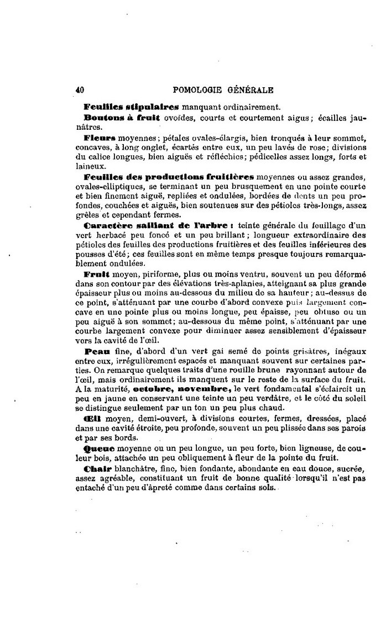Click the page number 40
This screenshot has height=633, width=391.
click(x=79, y=89)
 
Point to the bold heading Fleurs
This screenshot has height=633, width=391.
click(x=100, y=137)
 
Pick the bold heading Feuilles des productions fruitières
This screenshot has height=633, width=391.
click(x=168, y=177)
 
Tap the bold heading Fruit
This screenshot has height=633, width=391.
click(x=98, y=274)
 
